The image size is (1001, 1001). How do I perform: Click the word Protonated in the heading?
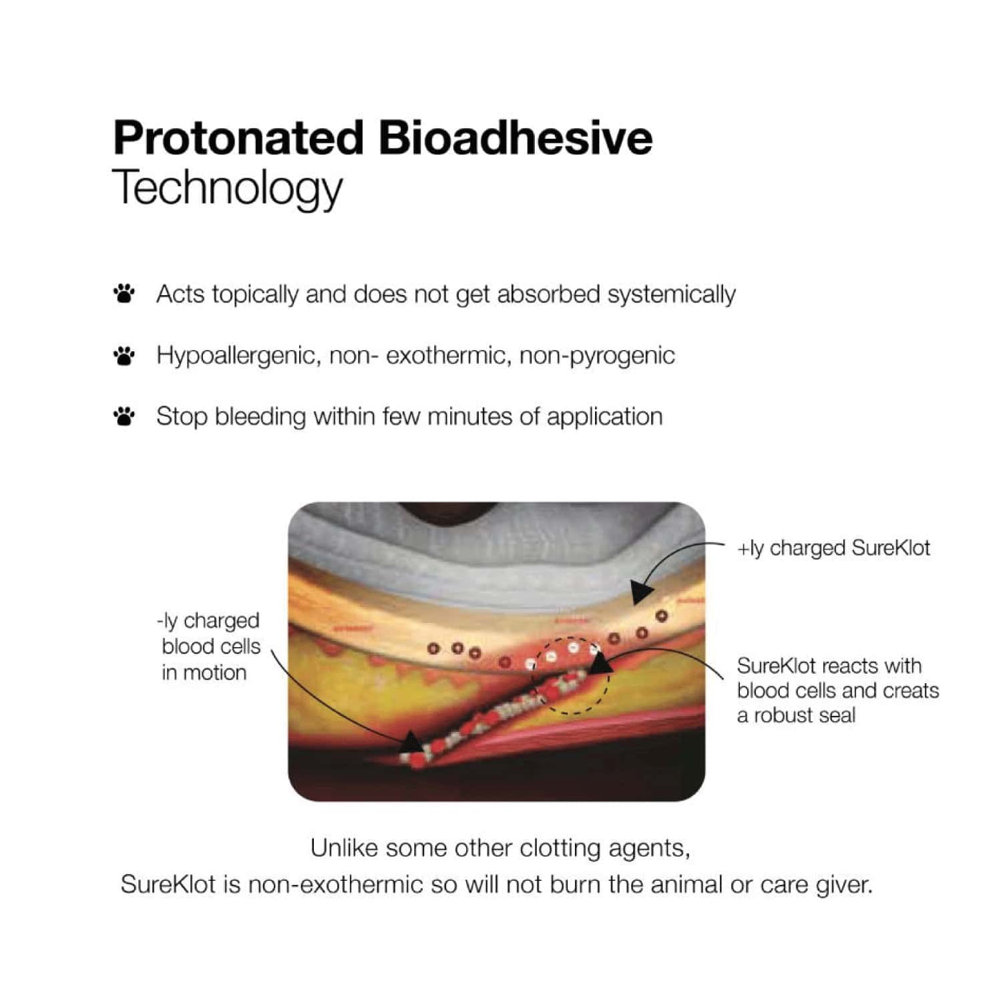point(238,138)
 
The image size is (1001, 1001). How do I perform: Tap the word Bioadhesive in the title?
point(516,138)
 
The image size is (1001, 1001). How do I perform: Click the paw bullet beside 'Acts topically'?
point(124,293)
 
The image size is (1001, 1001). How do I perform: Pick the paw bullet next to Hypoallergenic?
point(124,355)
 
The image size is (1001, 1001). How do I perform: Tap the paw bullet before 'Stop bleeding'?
point(124,416)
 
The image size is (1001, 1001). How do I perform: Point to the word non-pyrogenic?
point(597,356)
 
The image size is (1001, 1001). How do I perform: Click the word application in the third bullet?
point(604,417)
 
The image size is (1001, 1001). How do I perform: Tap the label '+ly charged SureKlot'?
point(833,548)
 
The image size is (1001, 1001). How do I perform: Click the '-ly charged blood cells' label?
point(208,646)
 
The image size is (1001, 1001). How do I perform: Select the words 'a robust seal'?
point(796,715)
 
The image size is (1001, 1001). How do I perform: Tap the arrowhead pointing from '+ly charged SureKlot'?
point(642,592)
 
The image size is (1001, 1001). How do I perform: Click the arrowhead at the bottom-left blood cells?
point(412,741)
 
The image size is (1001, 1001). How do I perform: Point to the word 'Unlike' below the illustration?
point(345,848)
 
